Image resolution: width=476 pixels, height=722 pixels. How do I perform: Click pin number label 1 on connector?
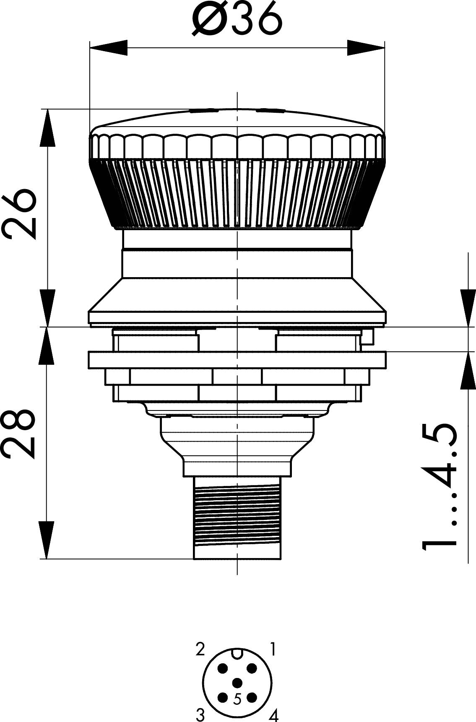tap(273, 649)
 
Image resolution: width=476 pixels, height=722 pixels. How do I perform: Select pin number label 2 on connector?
tap(200, 649)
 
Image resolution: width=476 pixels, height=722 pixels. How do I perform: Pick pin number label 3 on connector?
tap(200, 714)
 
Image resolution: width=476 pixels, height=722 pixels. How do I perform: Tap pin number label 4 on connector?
tap(273, 714)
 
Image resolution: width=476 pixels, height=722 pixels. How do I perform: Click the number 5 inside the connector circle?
tap(237, 699)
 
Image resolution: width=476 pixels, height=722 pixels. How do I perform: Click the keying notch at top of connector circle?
tap(237, 653)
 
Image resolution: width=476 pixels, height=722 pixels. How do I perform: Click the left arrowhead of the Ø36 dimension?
tap(108, 47)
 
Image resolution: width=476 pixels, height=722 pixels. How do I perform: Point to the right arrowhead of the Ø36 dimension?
tap(366, 47)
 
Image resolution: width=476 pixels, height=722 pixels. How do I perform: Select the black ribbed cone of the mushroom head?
tap(237, 193)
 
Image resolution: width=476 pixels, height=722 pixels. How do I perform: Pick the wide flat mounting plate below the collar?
tap(237, 360)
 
